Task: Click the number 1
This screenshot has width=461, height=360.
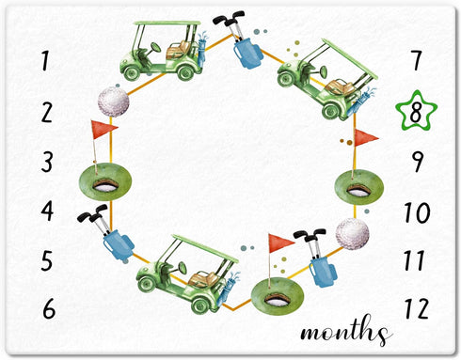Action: (46, 61)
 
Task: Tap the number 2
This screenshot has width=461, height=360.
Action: (47, 113)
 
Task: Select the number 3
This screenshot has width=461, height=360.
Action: (47, 162)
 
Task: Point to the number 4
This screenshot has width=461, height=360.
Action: (48, 211)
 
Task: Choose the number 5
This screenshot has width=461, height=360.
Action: (47, 260)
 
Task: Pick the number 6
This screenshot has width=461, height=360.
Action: (49, 309)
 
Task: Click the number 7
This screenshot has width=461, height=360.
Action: (417, 61)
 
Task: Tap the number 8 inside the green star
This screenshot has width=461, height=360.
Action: (416, 113)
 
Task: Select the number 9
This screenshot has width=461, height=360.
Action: (418, 162)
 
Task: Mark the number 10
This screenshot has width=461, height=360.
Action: (417, 212)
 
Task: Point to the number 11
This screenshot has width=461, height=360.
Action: (415, 260)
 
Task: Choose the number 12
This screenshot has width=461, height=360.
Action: (417, 308)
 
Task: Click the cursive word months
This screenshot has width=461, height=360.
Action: (346, 331)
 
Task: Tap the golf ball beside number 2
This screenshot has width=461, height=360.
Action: (113, 102)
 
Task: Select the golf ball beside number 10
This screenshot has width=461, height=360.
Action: (352, 234)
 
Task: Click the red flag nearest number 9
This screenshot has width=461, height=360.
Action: (366, 138)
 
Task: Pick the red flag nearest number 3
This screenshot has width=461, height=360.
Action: (103, 130)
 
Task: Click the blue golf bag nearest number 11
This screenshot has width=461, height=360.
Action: (323, 272)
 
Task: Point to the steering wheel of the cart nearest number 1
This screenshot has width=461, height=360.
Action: (155, 48)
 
